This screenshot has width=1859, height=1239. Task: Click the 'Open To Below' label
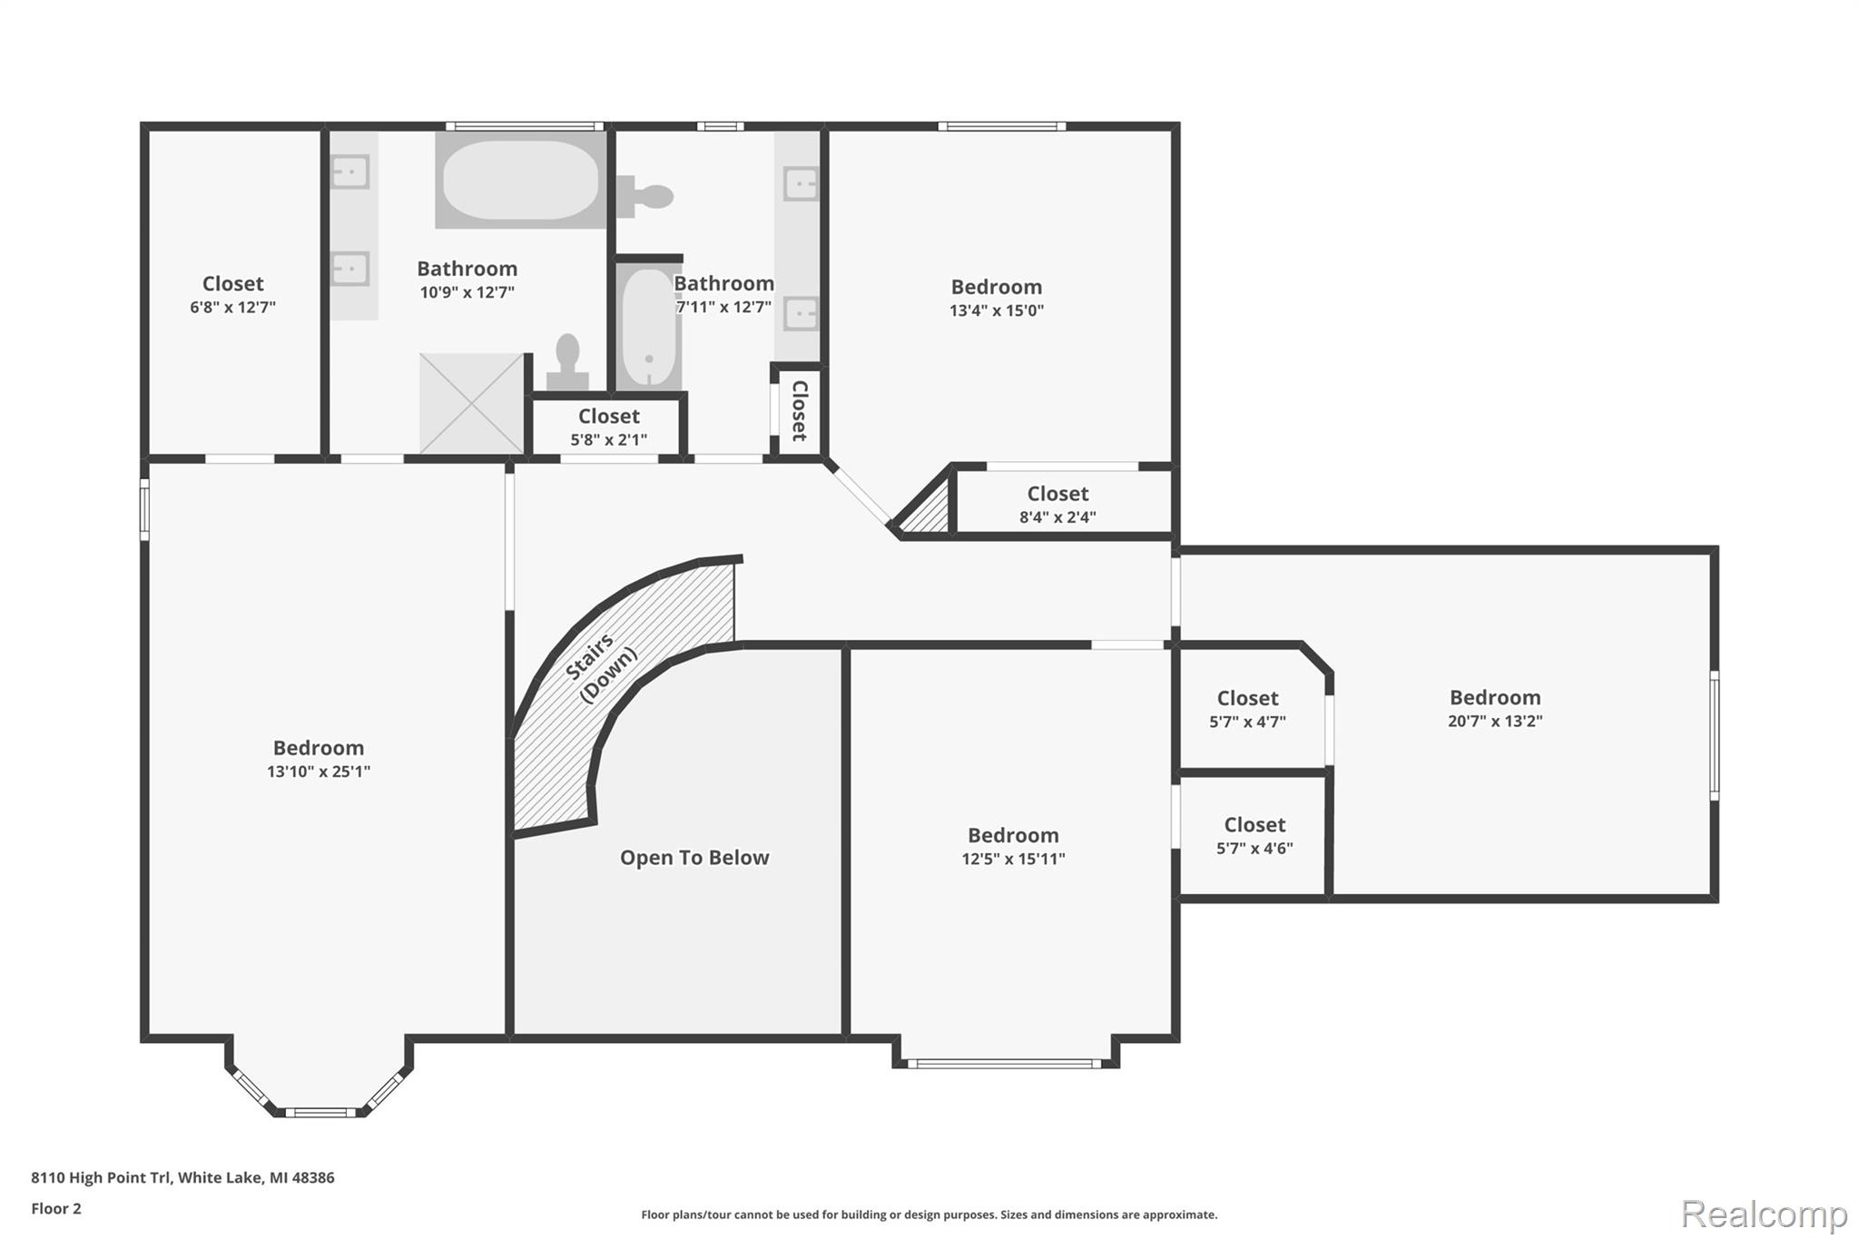point(694,858)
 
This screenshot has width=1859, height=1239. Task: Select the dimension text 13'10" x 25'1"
point(319,772)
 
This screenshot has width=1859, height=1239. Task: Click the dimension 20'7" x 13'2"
point(1494,722)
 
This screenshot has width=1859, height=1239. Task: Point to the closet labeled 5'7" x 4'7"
point(1247,709)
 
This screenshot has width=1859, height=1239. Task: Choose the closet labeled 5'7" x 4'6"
point(1254,835)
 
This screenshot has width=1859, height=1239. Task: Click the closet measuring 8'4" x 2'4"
point(1057,505)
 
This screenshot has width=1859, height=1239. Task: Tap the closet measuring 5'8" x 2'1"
point(608,427)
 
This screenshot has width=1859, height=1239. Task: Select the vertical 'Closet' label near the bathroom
point(799,410)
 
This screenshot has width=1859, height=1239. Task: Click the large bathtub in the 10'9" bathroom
point(520,180)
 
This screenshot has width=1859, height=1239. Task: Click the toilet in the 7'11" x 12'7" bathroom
point(646,196)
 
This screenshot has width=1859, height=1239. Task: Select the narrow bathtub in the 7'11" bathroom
point(648,328)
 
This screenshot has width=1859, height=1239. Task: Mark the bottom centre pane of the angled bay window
point(320,1112)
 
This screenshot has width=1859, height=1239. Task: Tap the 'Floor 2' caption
point(56,1208)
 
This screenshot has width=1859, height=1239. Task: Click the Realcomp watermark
point(1764,1214)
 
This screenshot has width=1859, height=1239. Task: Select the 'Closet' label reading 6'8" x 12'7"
point(232,294)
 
